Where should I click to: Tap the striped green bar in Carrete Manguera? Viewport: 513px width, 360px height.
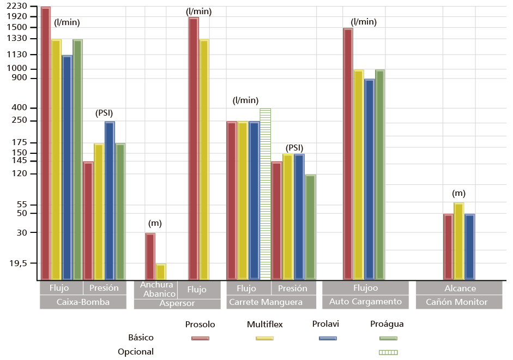pos(265,194)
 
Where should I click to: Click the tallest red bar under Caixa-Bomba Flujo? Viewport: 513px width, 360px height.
pos(45,142)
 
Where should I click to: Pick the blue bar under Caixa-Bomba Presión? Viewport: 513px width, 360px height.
pos(110,199)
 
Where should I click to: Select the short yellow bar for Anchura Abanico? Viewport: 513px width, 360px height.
pos(161,271)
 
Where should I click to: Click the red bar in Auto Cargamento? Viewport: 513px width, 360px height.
pos(348,153)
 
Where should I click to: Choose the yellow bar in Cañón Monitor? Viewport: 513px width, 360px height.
pos(458,240)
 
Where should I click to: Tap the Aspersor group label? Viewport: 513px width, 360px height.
pos(177,303)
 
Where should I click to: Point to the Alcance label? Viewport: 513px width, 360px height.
pos(460,288)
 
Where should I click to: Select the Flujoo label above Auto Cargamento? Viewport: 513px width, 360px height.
pos(365,288)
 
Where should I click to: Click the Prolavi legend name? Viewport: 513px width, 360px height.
pos(326,324)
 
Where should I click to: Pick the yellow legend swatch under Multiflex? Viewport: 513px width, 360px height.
pos(264,338)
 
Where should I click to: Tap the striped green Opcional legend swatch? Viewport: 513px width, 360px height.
pos(388,352)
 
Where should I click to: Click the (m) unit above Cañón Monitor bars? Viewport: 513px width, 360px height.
pos(458,194)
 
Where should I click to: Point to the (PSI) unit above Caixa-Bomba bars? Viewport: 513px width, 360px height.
pos(104,113)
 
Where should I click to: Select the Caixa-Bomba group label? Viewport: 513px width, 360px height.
pos(83,302)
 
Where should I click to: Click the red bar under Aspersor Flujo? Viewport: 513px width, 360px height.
pos(193,147)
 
